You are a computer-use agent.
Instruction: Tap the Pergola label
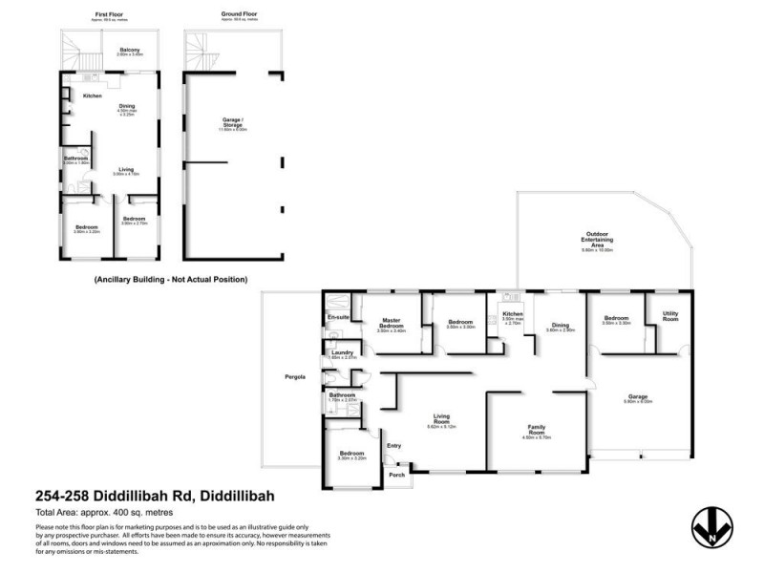click(x=295, y=377)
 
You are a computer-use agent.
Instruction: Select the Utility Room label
click(x=670, y=315)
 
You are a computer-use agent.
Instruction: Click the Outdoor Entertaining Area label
click(x=599, y=239)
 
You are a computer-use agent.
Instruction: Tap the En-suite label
click(x=337, y=316)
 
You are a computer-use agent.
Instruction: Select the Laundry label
click(x=342, y=352)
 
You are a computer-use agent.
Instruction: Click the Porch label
click(x=395, y=475)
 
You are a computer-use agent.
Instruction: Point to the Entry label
click(x=393, y=445)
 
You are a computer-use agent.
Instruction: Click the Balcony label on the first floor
click(x=130, y=51)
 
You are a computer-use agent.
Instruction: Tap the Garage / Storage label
click(x=233, y=121)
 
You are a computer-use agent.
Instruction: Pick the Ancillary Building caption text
click(x=171, y=280)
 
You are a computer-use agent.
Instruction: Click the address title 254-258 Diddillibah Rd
click(x=155, y=498)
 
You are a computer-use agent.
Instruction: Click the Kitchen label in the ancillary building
click(x=93, y=96)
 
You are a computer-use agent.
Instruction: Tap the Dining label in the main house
click(x=561, y=326)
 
